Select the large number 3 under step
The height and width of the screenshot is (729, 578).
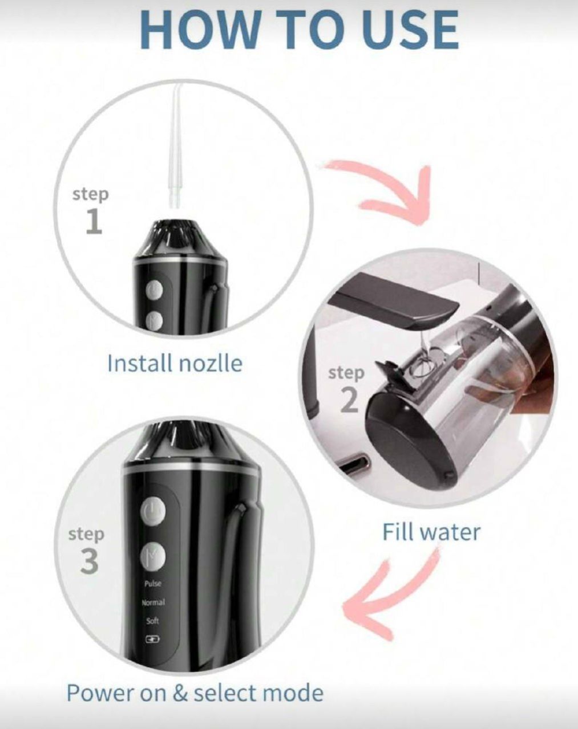point(89,561)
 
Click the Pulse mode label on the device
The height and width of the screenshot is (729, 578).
point(153,584)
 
